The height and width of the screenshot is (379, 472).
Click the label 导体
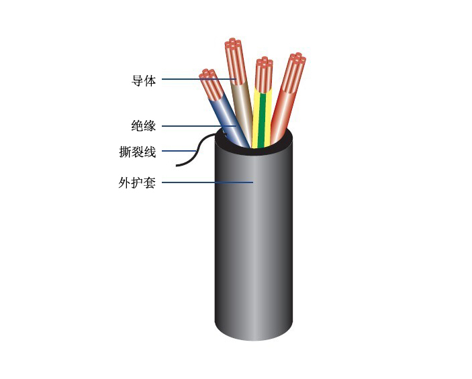tap(144, 80)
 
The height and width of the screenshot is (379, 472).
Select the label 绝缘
tap(144, 125)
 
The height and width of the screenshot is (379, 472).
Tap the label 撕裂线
tap(138, 152)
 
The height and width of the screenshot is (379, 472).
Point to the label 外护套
tap(137, 182)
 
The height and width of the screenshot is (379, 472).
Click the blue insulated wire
tap(231, 123)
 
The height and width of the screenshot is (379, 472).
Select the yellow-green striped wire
tap(262, 119)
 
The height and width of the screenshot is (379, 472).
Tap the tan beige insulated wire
tap(243, 111)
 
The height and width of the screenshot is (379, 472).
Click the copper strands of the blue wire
tap(211, 86)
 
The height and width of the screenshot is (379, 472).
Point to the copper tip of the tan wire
tap(235, 61)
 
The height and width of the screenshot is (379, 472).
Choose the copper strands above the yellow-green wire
tap(264, 74)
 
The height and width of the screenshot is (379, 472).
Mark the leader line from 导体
tap(199, 79)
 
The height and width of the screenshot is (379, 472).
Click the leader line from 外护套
tap(207, 182)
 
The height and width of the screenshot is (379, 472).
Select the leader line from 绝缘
tap(199, 126)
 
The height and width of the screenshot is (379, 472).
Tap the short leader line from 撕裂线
tap(179, 151)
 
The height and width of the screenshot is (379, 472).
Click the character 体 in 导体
tap(150, 80)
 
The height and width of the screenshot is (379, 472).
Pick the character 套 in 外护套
tap(150, 182)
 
